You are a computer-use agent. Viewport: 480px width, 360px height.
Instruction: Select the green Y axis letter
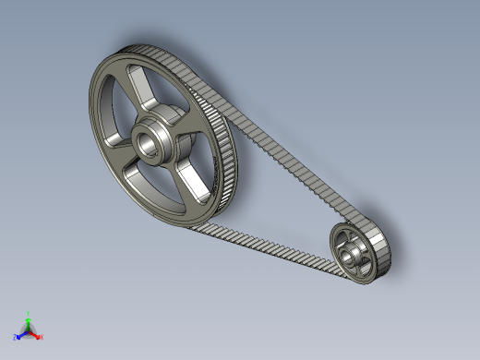click(29, 313)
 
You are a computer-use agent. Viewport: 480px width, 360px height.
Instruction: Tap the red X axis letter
click(42, 337)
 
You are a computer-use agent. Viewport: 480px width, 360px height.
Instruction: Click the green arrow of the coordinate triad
click(29, 320)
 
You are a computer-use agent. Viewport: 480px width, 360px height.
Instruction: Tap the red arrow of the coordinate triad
click(36, 331)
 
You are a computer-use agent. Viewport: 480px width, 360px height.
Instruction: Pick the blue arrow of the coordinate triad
click(21, 332)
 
